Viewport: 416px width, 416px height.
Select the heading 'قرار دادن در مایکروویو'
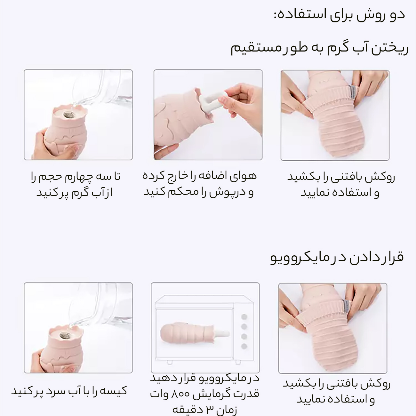(337, 257)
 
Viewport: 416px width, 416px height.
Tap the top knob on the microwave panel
(244, 317)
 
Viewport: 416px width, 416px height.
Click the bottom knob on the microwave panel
(244, 346)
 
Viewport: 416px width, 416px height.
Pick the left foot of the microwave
(170, 362)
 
